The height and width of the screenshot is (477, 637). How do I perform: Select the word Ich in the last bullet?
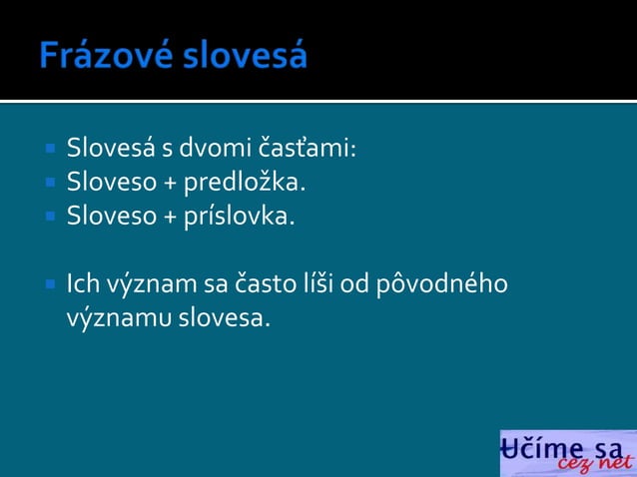coord(83,285)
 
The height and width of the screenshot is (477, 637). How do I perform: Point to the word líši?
coord(319,285)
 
